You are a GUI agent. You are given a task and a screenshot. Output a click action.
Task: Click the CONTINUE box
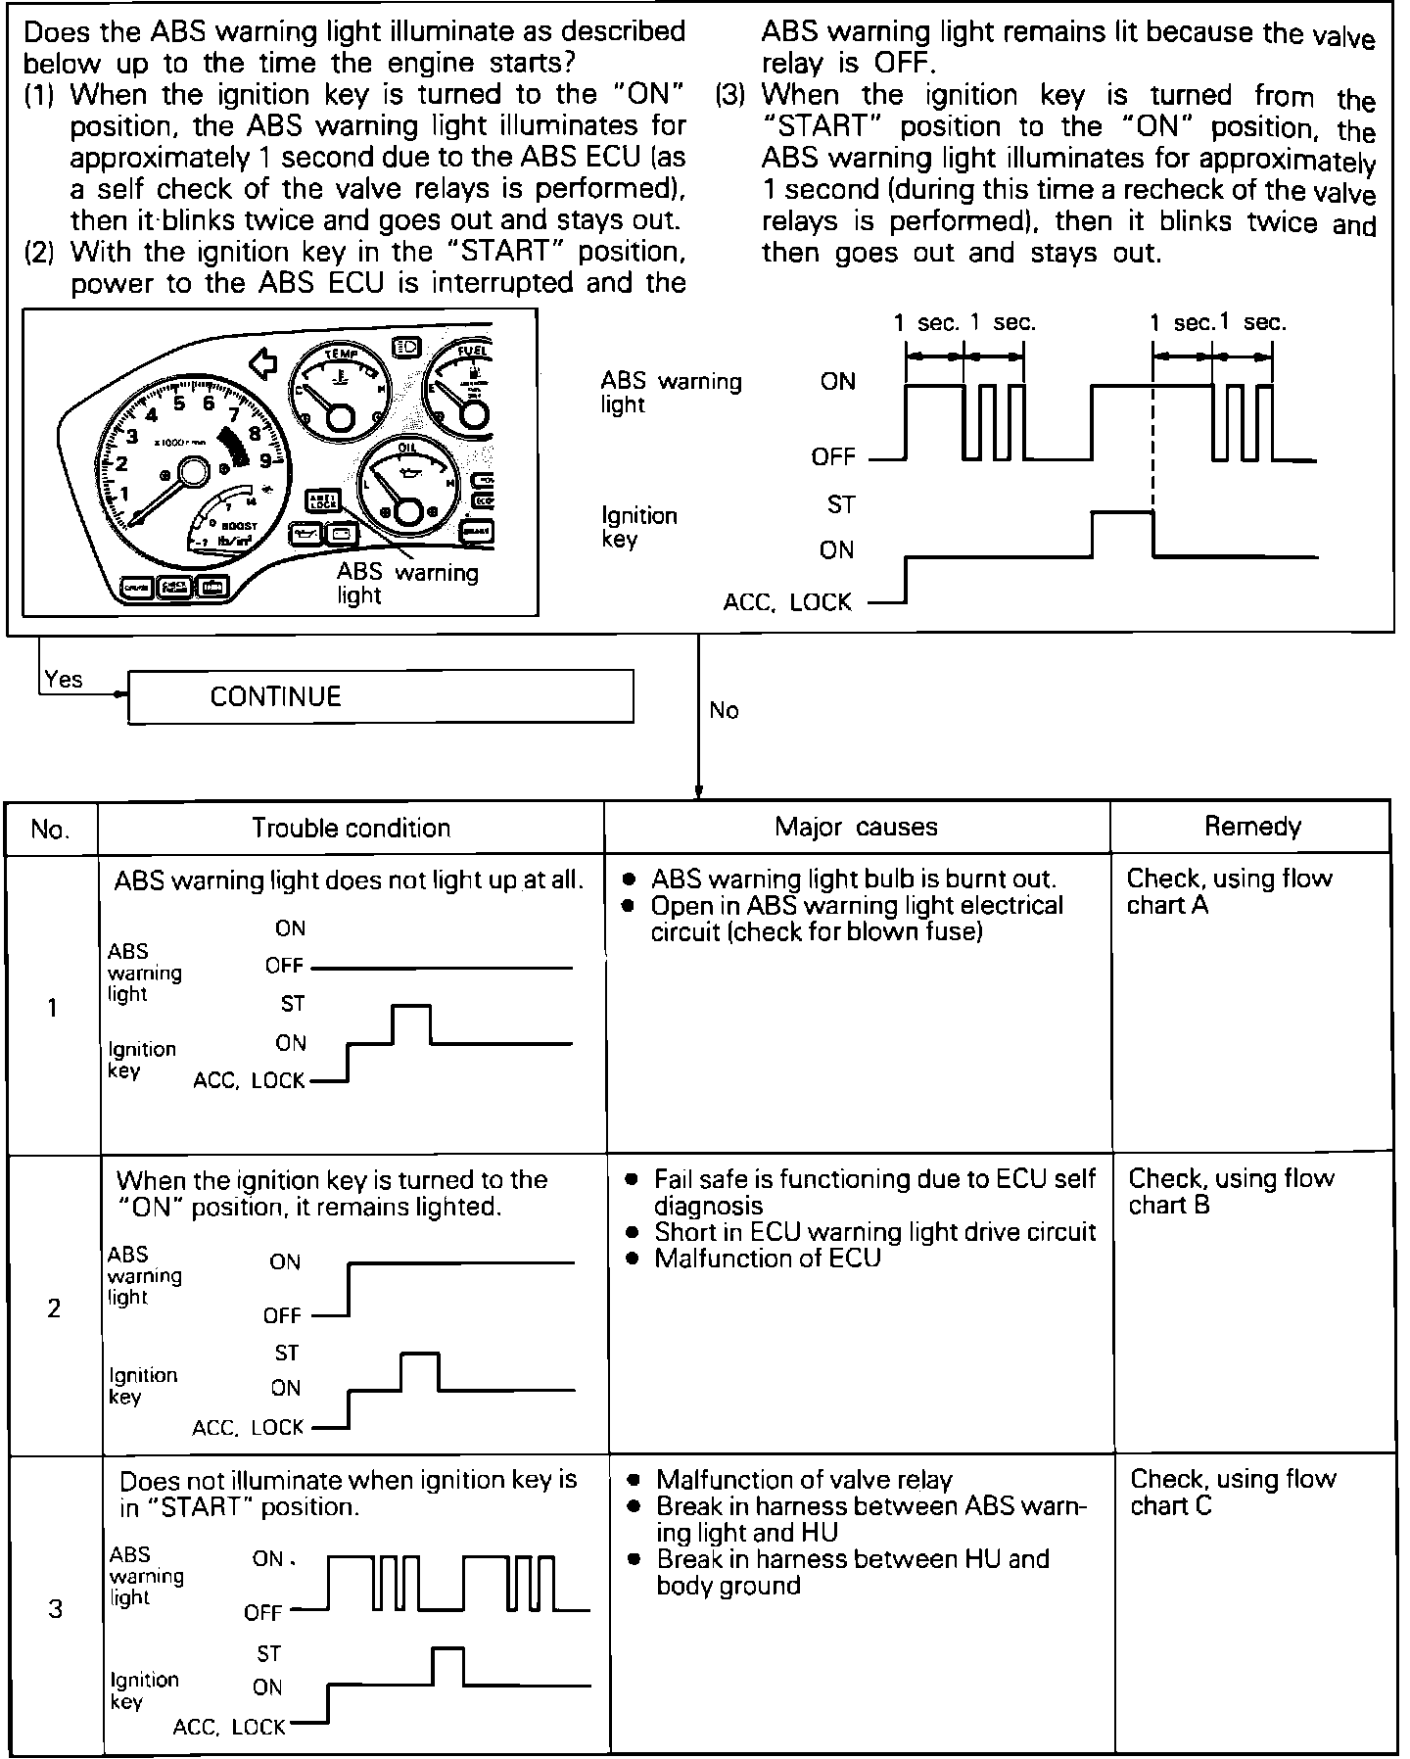tap(380, 696)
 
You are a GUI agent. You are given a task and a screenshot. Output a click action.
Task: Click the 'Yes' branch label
tap(64, 680)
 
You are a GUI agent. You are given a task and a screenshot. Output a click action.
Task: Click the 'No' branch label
tap(724, 710)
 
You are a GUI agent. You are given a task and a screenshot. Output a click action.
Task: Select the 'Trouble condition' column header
tap(351, 828)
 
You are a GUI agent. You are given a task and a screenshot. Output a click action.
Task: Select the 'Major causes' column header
tap(856, 827)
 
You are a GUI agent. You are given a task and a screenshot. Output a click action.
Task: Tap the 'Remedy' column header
tap(1252, 827)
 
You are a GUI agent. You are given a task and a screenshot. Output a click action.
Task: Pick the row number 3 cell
tap(55, 1608)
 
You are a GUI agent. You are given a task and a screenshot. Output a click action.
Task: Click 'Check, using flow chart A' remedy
tap(1229, 891)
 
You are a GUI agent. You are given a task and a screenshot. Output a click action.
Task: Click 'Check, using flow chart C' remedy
tap(1233, 1492)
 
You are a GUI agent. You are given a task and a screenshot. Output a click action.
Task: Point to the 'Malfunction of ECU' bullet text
tap(768, 1258)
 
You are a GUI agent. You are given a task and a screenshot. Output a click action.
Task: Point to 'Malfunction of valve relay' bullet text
tap(804, 1479)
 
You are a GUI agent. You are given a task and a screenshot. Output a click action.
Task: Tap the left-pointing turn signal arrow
tap(263, 364)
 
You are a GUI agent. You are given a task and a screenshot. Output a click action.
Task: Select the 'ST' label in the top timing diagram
tap(841, 504)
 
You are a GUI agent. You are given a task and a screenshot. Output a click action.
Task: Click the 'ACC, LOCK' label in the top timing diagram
tap(787, 601)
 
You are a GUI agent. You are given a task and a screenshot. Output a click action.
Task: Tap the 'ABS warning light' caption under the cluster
tap(407, 584)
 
